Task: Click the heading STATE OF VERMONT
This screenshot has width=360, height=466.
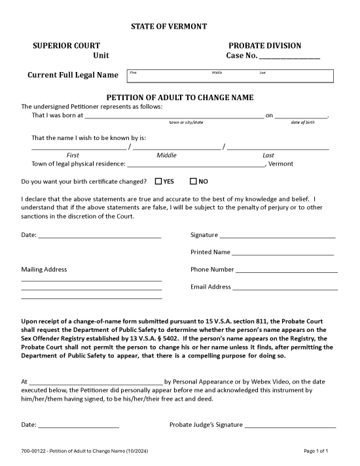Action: click(169, 26)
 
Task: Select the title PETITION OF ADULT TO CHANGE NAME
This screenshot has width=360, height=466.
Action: click(179, 98)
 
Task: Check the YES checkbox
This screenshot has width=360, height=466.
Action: click(158, 181)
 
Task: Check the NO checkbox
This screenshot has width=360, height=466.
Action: click(193, 181)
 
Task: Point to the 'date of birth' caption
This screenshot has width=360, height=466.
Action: click(302, 122)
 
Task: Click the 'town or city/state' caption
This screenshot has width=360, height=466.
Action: click(186, 122)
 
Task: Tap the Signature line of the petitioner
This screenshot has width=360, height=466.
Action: click(278, 235)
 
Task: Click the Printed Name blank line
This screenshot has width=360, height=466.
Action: click(283, 252)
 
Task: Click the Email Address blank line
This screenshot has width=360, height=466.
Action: click(285, 287)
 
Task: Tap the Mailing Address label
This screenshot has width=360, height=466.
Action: click(44, 269)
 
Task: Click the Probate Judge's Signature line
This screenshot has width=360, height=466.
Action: click(290, 425)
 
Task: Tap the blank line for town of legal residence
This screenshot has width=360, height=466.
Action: click(196, 164)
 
